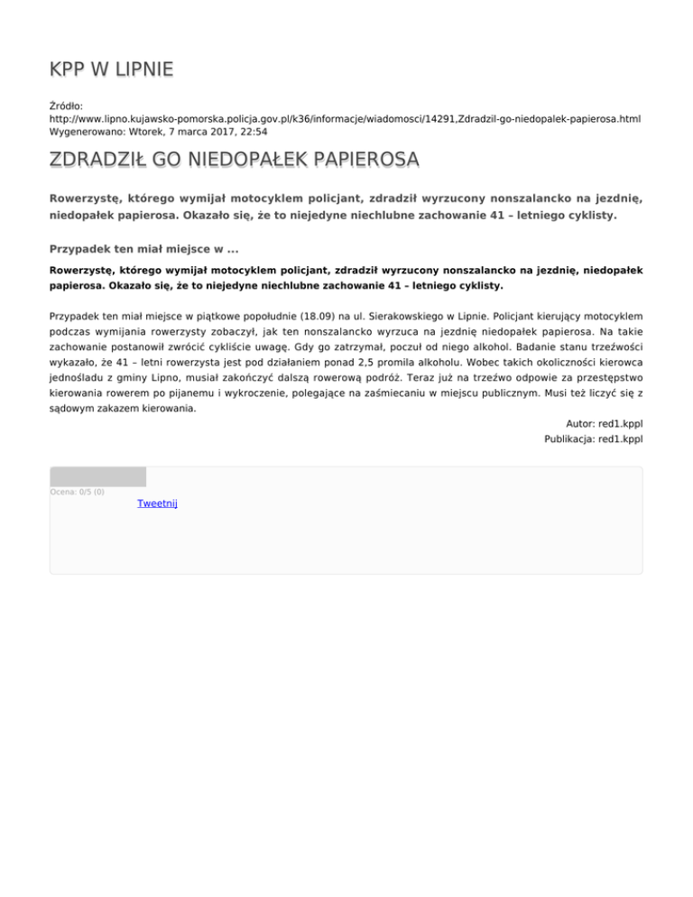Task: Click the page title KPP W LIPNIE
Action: click(111, 69)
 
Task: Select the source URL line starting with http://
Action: click(345, 118)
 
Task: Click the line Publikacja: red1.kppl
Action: click(593, 439)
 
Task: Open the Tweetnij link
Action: click(157, 503)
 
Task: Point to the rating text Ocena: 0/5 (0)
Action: click(78, 492)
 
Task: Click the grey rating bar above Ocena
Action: click(97, 476)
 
